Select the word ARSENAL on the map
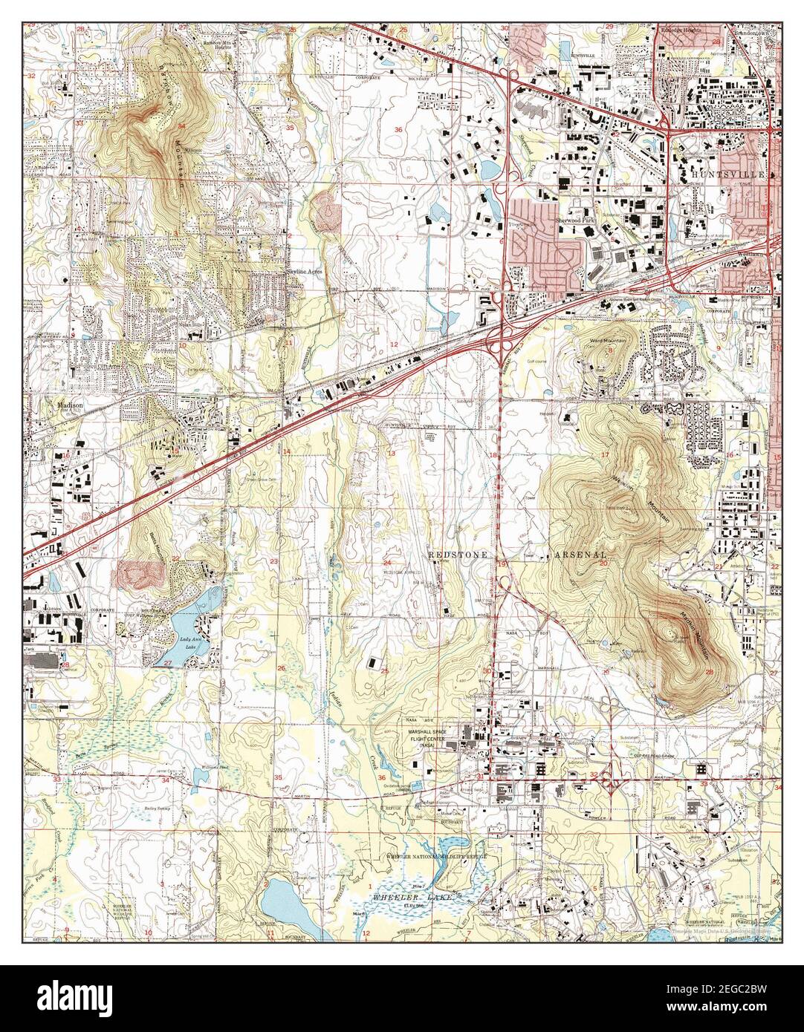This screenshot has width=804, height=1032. (x=580, y=555)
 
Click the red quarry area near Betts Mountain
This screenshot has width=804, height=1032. (x=136, y=572)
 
